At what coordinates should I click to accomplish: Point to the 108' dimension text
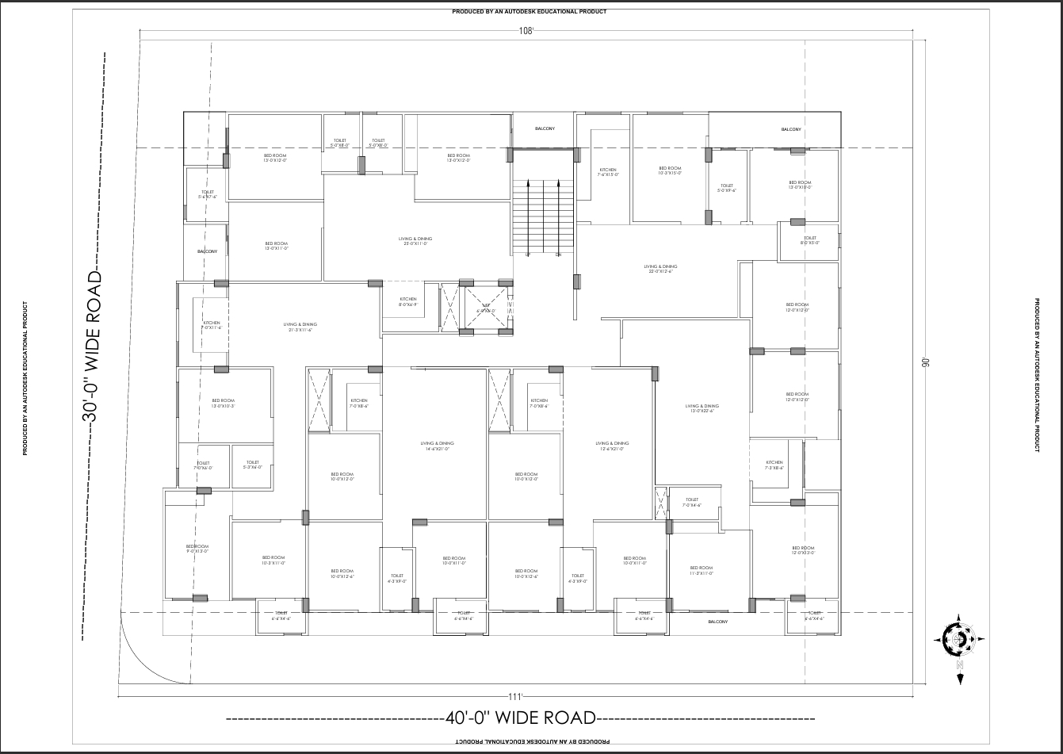[526, 31]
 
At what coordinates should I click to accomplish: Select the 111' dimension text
[515, 697]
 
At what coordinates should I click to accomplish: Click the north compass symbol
[959, 638]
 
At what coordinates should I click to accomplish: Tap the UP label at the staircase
[528, 255]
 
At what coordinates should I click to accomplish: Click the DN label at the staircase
[558, 255]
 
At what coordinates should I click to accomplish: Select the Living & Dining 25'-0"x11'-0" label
[415, 241]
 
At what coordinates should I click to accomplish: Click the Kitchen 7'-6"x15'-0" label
[608, 172]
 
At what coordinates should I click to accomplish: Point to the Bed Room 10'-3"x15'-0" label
[670, 170]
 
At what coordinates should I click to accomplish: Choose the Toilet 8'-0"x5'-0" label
[809, 240]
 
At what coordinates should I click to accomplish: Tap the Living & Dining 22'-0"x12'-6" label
[660, 269]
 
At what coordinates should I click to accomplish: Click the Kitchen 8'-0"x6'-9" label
[408, 302]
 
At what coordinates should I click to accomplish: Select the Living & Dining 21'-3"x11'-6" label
[300, 327]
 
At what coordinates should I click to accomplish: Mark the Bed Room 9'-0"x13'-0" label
[197, 549]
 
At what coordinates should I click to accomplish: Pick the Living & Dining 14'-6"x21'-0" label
[438, 446]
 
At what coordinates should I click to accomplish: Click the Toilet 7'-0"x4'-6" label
[692, 502]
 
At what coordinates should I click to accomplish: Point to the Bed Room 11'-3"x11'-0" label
[702, 570]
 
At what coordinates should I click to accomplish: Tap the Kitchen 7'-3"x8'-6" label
[774, 465]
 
